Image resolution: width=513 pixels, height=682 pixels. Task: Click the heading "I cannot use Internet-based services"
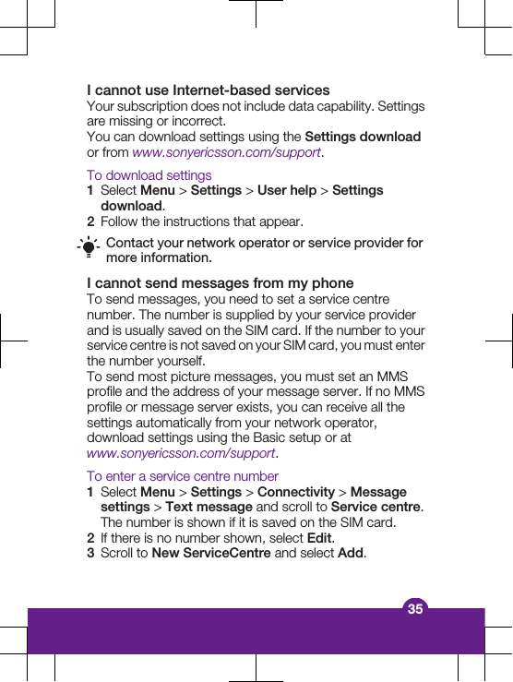click(x=208, y=90)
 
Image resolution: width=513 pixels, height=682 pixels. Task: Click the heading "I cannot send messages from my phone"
click(x=220, y=283)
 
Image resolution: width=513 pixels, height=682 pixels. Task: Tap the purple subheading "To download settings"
click(x=149, y=175)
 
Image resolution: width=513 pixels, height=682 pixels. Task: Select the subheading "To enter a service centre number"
click(x=182, y=476)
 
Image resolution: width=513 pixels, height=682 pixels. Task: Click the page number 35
click(x=415, y=608)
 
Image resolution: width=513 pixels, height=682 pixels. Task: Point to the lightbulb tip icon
click(x=89, y=249)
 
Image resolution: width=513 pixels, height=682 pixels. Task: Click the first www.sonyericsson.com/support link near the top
click(x=226, y=152)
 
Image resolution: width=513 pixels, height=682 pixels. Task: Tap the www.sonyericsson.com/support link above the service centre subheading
click(x=181, y=453)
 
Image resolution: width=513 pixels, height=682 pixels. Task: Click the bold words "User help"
click(x=286, y=191)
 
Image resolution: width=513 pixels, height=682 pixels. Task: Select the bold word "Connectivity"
click(x=295, y=492)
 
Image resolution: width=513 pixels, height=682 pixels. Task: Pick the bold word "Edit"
click(x=319, y=538)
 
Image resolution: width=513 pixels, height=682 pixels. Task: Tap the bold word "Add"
click(x=351, y=554)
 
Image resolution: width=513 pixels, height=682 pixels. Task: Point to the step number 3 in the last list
click(x=90, y=554)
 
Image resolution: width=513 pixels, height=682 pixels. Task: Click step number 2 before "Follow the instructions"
click(x=90, y=221)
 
